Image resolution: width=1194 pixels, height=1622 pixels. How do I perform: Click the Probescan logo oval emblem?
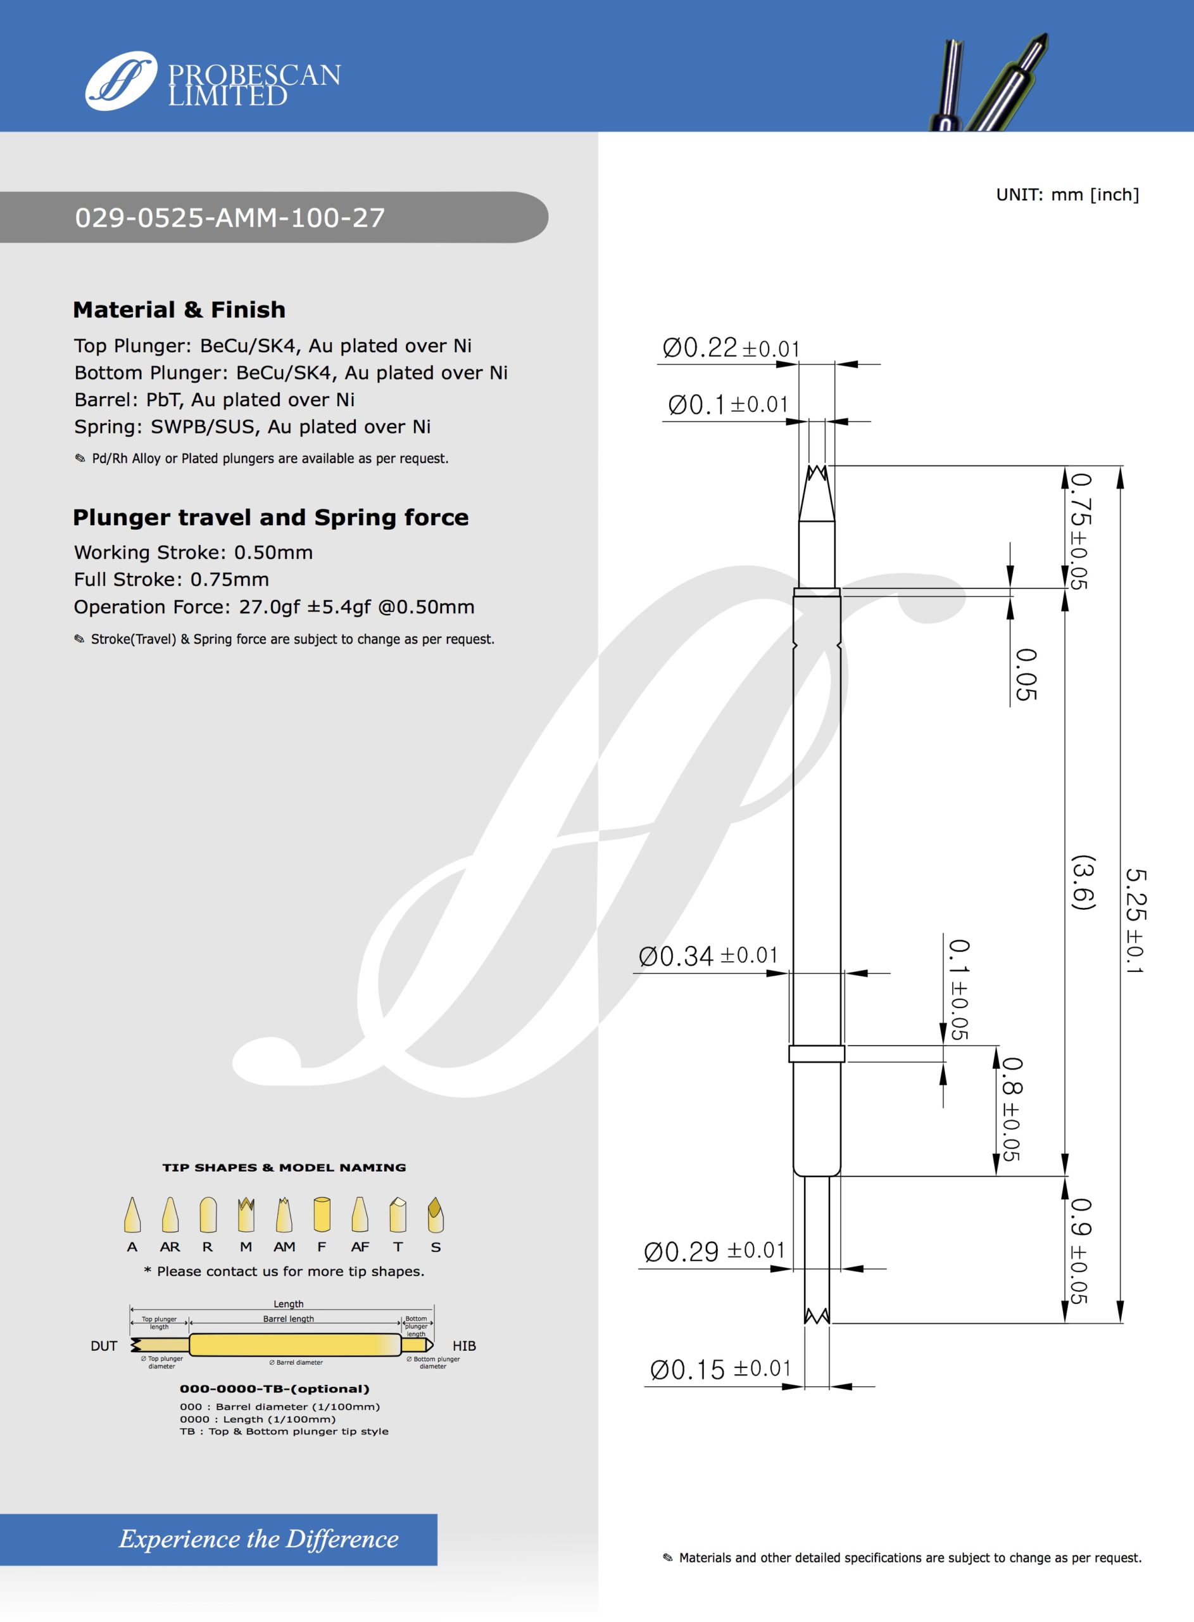coord(121,80)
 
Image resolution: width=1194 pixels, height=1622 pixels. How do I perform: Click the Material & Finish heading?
coord(179,309)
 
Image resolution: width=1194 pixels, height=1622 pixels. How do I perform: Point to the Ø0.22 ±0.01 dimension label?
coord(731,348)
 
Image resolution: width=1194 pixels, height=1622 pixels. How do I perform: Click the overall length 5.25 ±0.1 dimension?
coord(1136,921)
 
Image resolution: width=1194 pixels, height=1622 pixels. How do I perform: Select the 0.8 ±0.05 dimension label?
coord(1011,1109)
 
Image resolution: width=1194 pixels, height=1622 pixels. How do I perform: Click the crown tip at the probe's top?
coord(816,475)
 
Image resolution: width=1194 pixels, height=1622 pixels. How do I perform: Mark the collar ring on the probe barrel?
coord(817,1054)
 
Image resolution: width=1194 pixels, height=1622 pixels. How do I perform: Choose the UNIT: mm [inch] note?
coord(1067,195)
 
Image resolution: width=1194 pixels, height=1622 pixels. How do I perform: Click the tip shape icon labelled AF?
coord(360,1216)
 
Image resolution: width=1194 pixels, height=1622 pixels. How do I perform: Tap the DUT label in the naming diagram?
coord(104,1346)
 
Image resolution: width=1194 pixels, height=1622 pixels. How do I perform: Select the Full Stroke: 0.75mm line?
coord(172,579)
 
